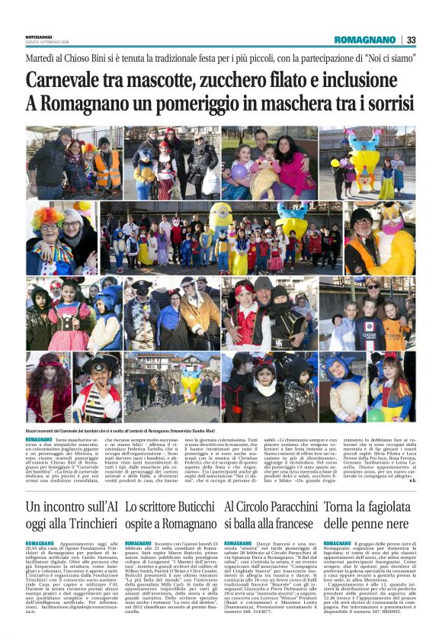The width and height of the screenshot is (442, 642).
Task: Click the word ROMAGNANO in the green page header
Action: [x=366, y=40]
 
